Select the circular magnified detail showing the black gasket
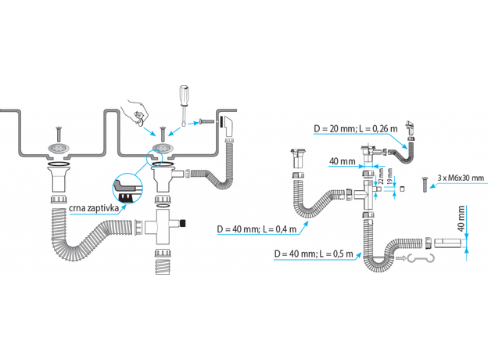(x=126, y=186)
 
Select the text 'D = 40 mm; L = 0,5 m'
(x=310, y=254)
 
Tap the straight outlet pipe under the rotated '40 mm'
(x=443, y=243)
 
